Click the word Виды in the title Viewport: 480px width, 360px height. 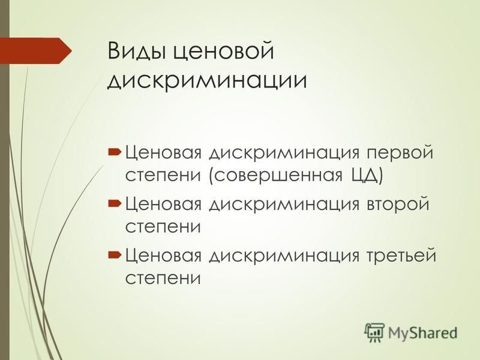136,51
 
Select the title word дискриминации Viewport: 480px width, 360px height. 207,80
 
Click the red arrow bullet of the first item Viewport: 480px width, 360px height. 115,152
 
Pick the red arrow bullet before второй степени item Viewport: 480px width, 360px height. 115,203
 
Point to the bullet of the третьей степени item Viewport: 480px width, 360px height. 115,254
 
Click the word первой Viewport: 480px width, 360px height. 400,153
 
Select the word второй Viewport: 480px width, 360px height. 398,204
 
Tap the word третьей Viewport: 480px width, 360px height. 401,256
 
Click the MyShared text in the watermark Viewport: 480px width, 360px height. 423,332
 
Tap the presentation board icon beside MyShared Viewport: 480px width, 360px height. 374,332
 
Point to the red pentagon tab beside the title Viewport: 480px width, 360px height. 36,51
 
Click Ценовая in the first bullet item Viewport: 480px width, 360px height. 163,153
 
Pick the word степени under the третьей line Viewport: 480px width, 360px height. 163,278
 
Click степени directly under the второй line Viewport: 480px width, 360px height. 163,227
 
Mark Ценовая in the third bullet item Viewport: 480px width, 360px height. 163,256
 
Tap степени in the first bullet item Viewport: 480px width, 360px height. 163,176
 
